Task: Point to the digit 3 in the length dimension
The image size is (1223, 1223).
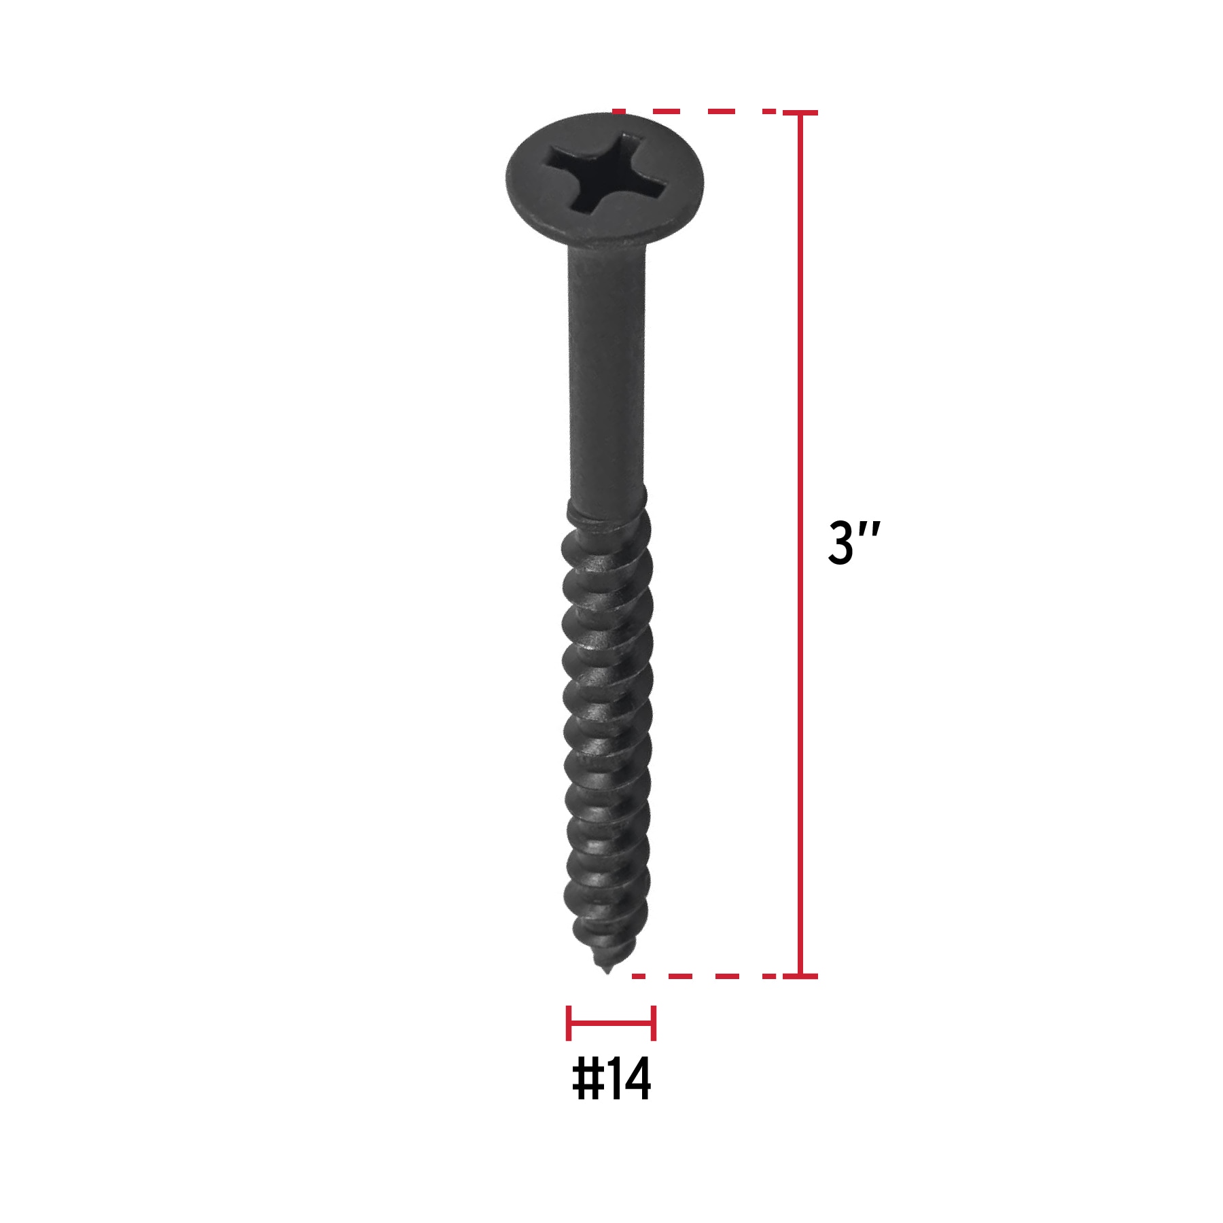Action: coord(841,544)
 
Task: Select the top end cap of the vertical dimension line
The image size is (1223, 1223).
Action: coord(800,113)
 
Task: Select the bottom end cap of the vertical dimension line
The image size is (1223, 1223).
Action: coord(800,976)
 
